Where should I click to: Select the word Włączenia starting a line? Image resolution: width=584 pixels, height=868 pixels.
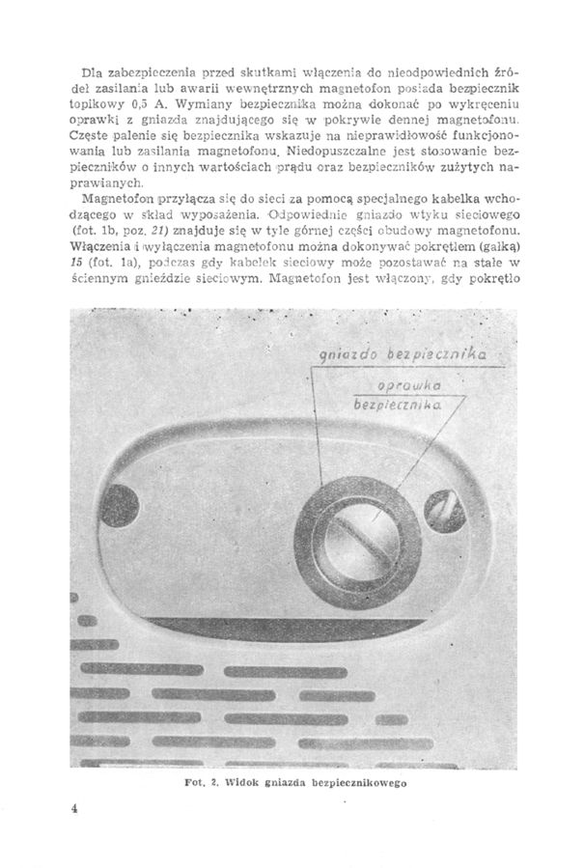pyautogui.click(x=101, y=249)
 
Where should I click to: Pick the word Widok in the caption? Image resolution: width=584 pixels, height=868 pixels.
pyautogui.click(x=223, y=783)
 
